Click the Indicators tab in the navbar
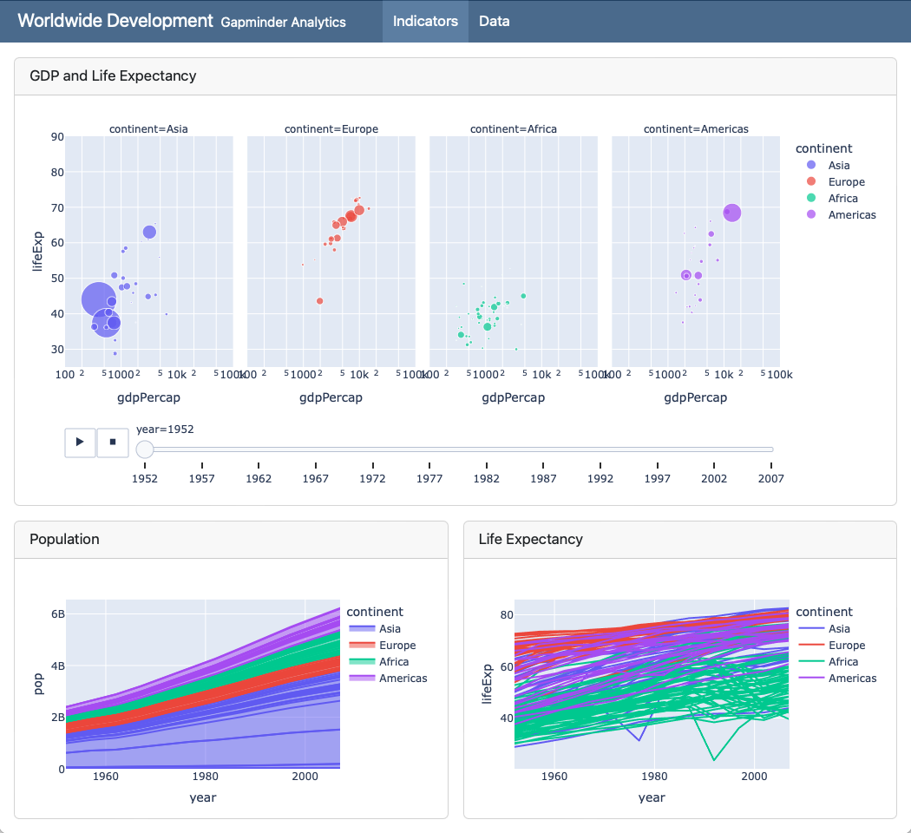425,21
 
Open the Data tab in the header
494,21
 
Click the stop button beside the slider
112,442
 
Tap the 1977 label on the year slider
429,478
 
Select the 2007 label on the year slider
770,478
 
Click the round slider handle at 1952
145,449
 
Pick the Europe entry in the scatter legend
846,182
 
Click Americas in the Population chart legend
403,679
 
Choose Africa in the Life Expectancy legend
843,662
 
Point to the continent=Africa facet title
514,129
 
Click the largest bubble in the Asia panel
98,298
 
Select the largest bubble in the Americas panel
731,213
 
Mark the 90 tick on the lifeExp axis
57,136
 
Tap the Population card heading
64,539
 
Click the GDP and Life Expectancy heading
113,75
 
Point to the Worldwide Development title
115,21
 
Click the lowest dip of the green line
714,760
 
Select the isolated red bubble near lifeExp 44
320,300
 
